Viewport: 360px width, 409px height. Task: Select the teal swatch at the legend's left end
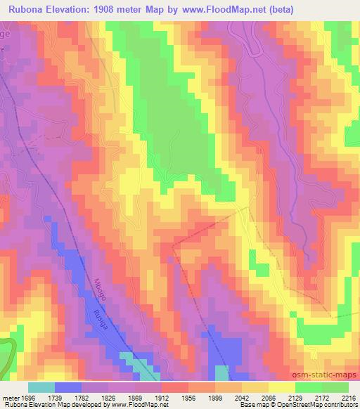(41, 387)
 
